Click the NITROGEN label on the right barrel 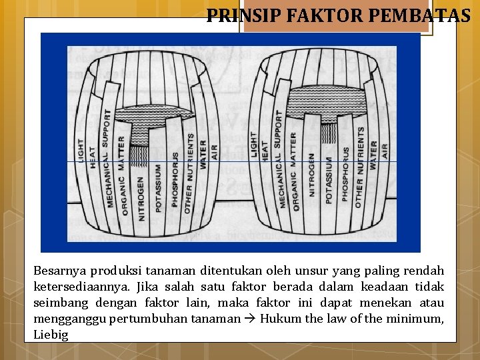(x=312, y=175)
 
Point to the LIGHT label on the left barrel (x=81, y=149)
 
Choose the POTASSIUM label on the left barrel (x=158, y=189)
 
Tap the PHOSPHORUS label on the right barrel (x=345, y=173)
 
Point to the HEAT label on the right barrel (x=265, y=150)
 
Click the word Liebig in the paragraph (x=51, y=335)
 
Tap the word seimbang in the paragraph (x=58, y=303)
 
